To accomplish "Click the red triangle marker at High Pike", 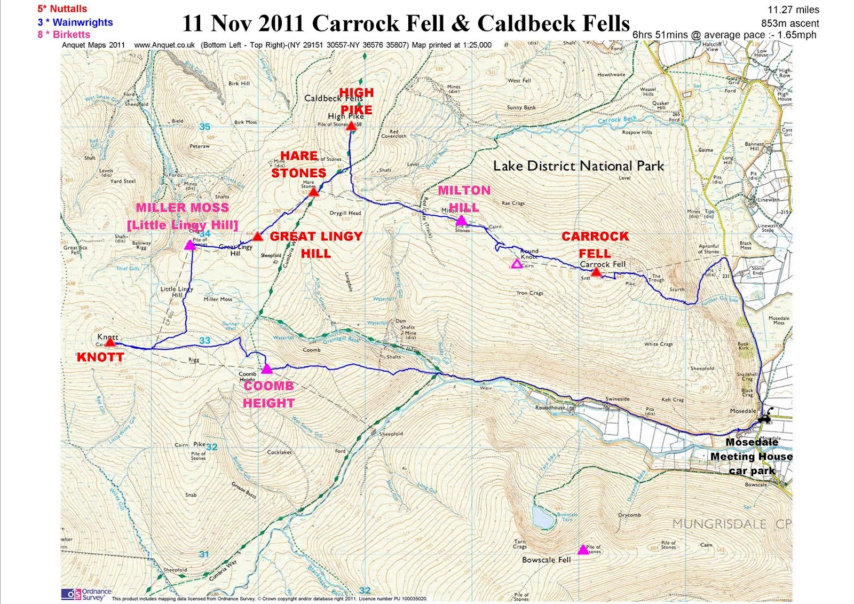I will [351, 125].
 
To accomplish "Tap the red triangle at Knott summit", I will [109, 342].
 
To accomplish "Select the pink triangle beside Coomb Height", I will [267, 368].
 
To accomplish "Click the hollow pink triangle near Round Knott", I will [516, 263].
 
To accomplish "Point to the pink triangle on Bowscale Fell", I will [583, 550].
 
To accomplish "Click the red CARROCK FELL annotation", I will [595, 245].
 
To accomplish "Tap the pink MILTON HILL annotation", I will [464, 199].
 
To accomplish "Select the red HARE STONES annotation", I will [298, 164].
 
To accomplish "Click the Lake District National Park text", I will [578, 166].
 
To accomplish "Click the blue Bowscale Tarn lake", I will [542, 516].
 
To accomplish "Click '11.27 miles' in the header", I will [793, 10].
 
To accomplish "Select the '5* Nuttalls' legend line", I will [62, 9].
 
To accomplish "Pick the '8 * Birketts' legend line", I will [64, 34].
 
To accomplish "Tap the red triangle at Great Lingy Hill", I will [258, 236].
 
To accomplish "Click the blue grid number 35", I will [204, 127].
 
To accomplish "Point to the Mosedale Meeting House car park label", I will [751, 456].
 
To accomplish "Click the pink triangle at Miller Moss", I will [189, 245].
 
